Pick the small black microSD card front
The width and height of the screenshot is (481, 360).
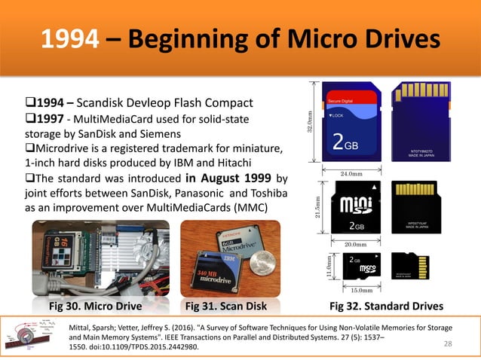pyautogui.click(x=360, y=267)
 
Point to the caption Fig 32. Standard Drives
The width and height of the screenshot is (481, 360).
pyautogui.click(x=387, y=307)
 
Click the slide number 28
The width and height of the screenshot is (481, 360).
pyautogui.click(x=451, y=344)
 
